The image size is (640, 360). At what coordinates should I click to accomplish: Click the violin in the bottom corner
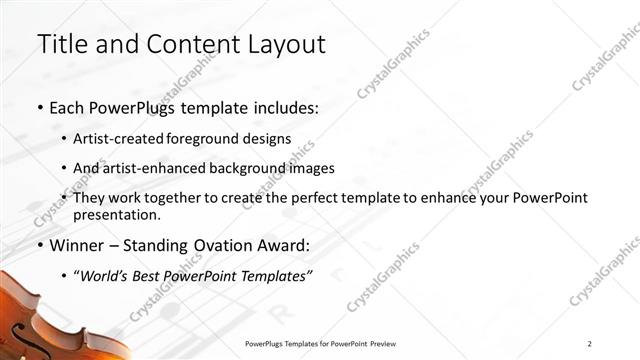click(40, 320)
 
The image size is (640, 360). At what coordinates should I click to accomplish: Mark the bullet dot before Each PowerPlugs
click(39, 107)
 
